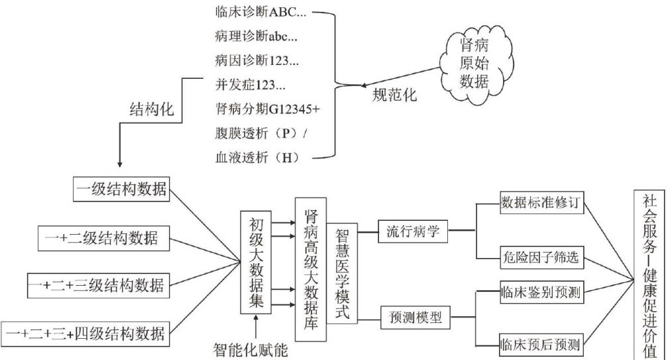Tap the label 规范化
coord(394,95)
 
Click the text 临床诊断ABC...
coord(262,12)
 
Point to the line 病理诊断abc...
coord(256,36)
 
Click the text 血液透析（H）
coord(257,157)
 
